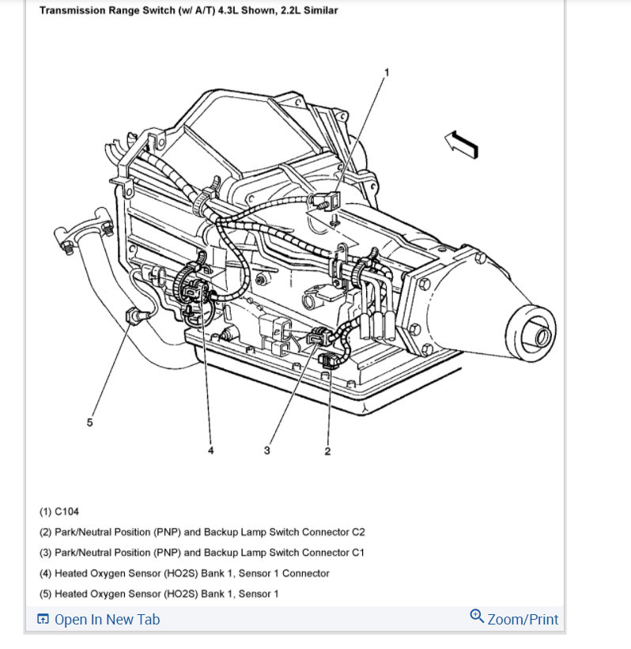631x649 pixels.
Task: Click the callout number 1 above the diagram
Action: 387,72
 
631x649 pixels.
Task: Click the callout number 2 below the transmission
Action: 327,451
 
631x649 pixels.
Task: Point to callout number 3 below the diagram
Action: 268,451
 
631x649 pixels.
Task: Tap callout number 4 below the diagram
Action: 210,451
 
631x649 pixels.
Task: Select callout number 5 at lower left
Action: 89,423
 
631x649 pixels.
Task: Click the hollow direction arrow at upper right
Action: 461,144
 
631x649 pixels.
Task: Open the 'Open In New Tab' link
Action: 107,619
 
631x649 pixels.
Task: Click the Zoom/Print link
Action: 523,619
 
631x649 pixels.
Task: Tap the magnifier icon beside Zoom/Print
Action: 477,616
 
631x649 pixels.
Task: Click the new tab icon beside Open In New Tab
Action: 43,619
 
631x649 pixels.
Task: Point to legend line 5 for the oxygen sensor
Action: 159,594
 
